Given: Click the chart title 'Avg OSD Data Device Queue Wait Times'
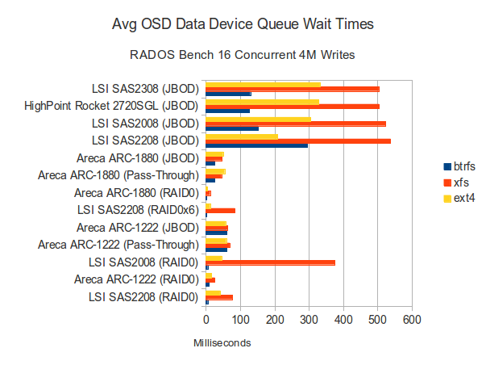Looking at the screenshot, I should click(x=243, y=25).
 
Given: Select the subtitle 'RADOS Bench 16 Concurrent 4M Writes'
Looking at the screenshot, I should click(x=243, y=56).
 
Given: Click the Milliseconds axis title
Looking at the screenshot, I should click(x=222, y=343).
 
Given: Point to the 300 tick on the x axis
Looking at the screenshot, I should click(x=309, y=321).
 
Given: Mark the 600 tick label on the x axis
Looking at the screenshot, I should click(x=413, y=321).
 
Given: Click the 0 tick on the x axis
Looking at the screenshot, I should click(x=206, y=321).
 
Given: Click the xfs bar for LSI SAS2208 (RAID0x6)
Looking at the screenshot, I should click(x=220, y=210).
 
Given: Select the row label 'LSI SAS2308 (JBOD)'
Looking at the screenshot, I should click(x=145, y=88).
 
